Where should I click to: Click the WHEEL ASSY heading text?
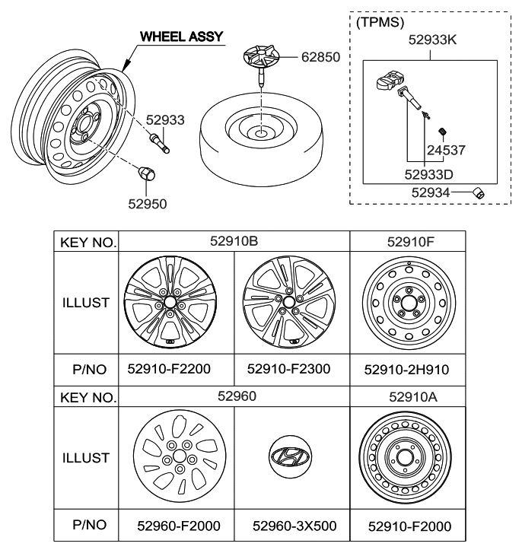pyautogui.click(x=182, y=37)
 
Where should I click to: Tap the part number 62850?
pyautogui.click(x=320, y=57)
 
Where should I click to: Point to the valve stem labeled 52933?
pyautogui.click(x=160, y=143)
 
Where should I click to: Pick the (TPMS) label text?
pyautogui.click(x=380, y=22)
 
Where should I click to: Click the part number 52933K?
pyautogui.click(x=432, y=40)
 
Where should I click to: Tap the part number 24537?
pyautogui.click(x=446, y=151)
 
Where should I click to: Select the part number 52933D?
pyautogui.click(x=428, y=175)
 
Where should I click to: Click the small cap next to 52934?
pyautogui.click(x=479, y=193)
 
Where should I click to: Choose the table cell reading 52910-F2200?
pyautogui.click(x=169, y=369)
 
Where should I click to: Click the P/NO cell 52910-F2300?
pyautogui.click(x=288, y=369)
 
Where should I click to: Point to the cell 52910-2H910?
pyautogui.click(x=406, y=370)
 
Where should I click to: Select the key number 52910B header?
pyautogui.click(x=234, y=241)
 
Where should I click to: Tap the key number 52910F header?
pyautogui.click(x=411, y=242)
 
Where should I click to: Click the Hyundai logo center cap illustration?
pyautogui.click(x=290, y=456)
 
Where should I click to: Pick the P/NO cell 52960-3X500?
pyautogui.click(x=294, y=526)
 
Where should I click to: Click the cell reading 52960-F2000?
pyautogui.click(x=179, y=526)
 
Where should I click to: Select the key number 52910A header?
pyautogui.click(x=413, y=397)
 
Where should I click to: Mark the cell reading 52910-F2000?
pyautogui.click(x=410, y=526)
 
